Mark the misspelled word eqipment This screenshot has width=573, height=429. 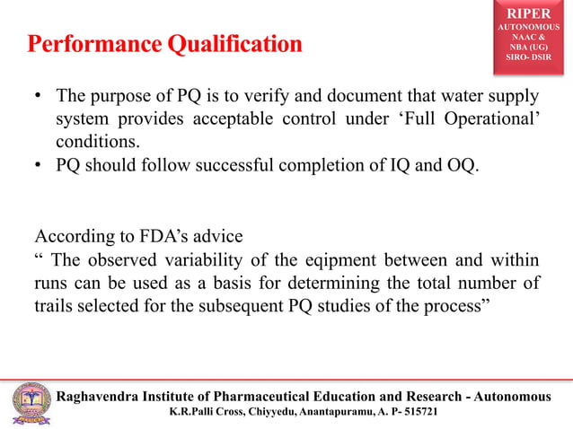point(348,261)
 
